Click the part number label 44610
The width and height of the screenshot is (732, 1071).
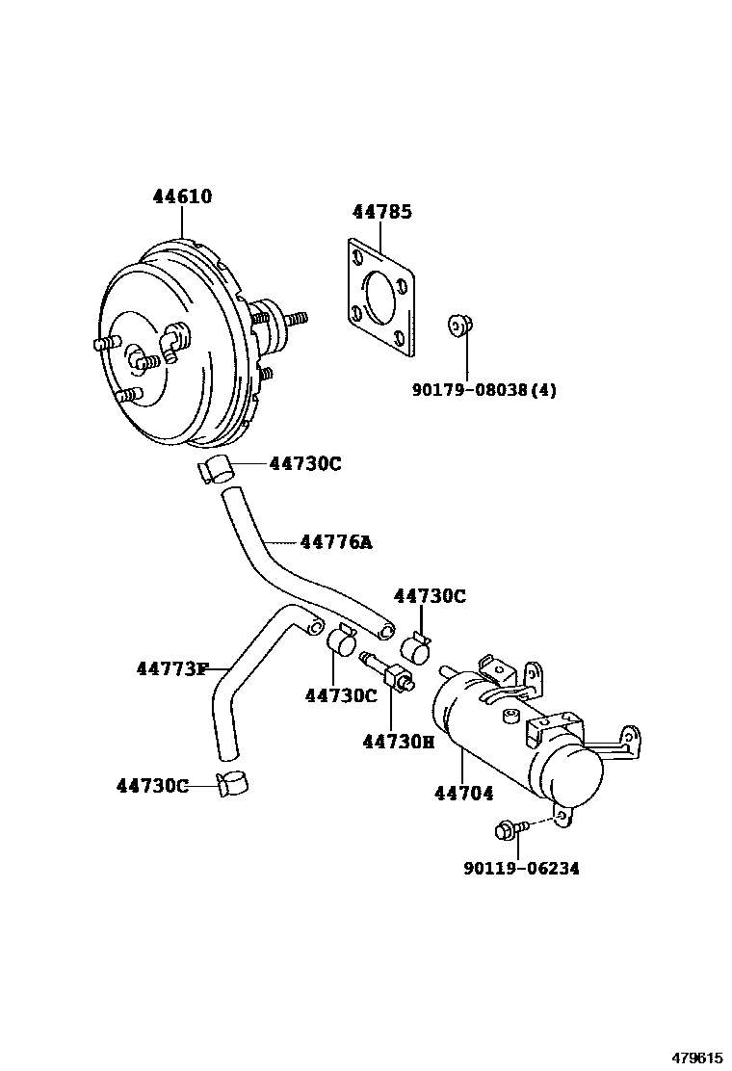tap(182, 196)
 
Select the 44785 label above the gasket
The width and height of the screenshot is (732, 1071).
tap(381, 212)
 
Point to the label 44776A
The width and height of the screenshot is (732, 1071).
tap(335, 542)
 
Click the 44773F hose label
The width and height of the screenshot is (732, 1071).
tap(171, 667)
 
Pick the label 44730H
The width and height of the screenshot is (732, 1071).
tap(398, 741)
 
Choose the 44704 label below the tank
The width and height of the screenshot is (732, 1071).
tap(463, 794)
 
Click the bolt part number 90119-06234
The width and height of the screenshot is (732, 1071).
tap(521, 868)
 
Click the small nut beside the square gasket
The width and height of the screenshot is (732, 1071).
tap(458, 327)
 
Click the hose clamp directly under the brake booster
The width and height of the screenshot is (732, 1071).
tap(217, 469)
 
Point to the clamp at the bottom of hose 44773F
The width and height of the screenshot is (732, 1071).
tap(231, 785)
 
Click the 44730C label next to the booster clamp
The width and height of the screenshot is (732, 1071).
tap(305, 463)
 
